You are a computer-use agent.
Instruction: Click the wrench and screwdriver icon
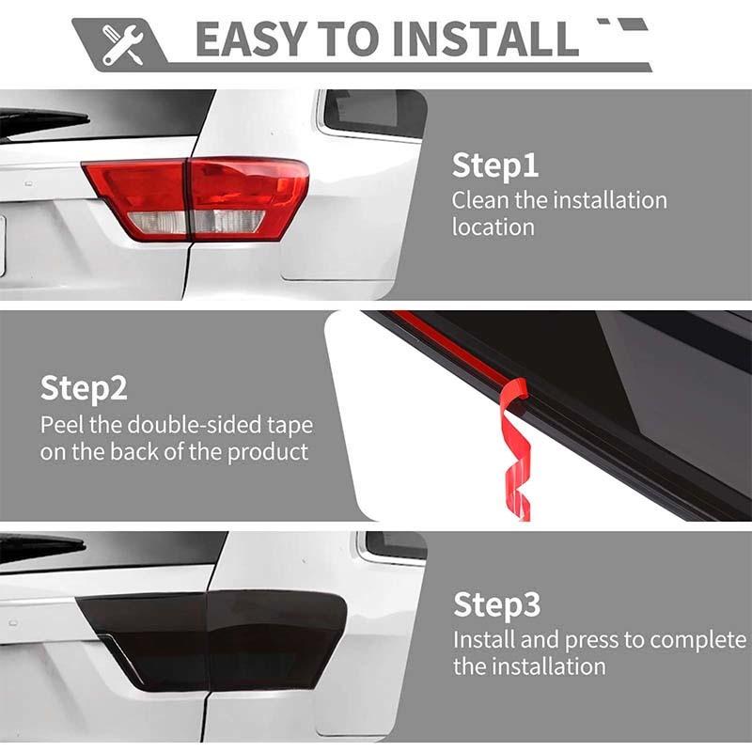[x=120, y=42]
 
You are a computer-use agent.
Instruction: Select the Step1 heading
[x=495, y=165]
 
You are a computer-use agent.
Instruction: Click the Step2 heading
[x=84, y=387]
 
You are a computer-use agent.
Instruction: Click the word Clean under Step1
[x=480, y=200]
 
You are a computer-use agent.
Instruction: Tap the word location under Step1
[x=493, y=227]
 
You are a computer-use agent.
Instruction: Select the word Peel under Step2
[x=61, y=424]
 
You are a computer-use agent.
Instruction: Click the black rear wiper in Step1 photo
[x=42, y=119]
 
